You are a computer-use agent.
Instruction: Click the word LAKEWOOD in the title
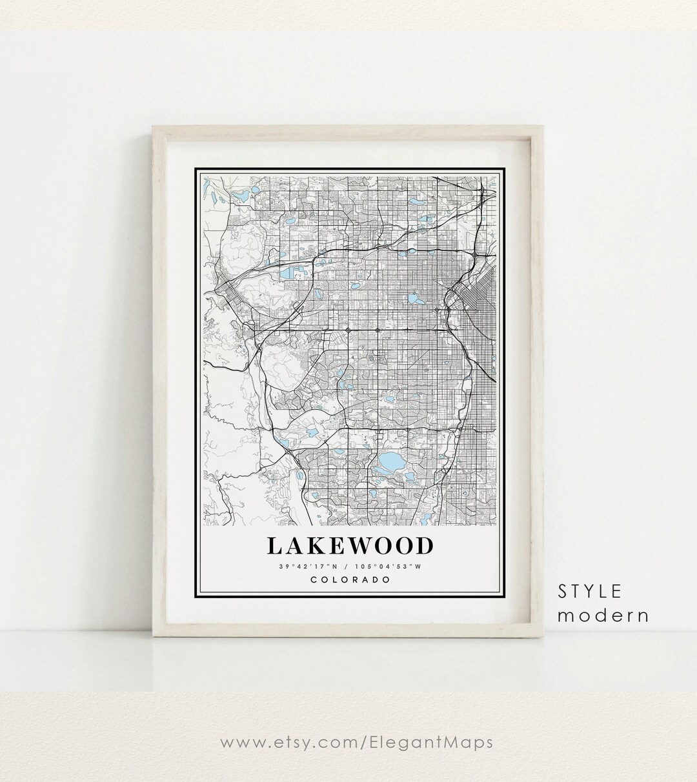coord(349,546)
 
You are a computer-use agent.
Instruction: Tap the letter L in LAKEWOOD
coord(274,546)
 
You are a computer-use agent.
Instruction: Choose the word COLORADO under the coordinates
coord(350,579)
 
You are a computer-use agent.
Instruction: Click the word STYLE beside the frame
coord(590,591)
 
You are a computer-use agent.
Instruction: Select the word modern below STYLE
coord(603,615)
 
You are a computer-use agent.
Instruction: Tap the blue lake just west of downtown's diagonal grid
coord(413,299)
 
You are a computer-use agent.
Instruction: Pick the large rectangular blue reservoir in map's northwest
coord(285,275)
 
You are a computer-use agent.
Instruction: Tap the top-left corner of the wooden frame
coord(154,128)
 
